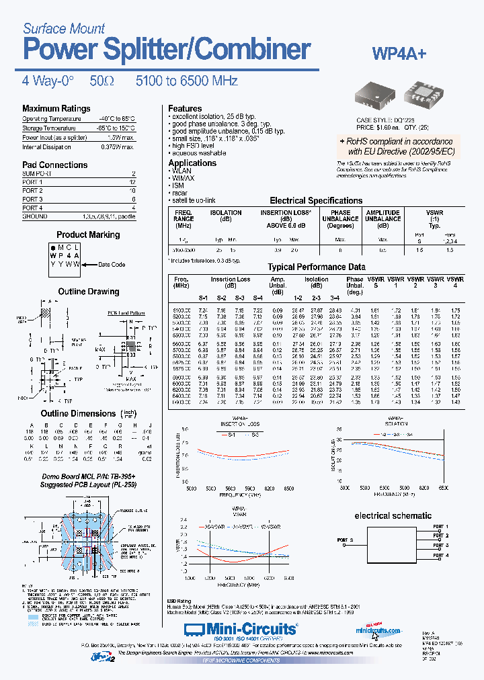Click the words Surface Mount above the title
(x=64, y=28)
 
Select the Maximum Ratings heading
(x=56, y=108)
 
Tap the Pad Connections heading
(x=54, y=165)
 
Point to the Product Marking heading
(x=88, y=235)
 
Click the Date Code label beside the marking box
(x=112, y=264)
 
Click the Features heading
(x=185, y=108)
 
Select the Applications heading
(x=192, y=163)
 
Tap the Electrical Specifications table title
(x=316, y=200)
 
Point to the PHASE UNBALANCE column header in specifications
(x=340, y=218)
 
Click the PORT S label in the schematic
(x=345, y=540)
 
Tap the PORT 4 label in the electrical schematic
(x=440, y=556)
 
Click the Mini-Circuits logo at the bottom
(x=240, y=628)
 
